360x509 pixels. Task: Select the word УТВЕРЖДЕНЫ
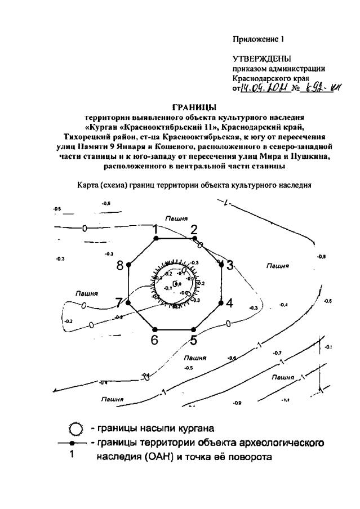pos(256,59)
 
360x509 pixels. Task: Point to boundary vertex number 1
pos(155,238)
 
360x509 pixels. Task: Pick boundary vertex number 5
pos(194,329)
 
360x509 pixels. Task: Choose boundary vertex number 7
pos(128,302)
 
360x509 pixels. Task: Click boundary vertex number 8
pos(128,264)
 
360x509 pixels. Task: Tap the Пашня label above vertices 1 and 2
pos(176,217)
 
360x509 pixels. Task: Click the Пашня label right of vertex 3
pos(278,265)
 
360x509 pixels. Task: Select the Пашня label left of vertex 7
pos(87,293)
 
